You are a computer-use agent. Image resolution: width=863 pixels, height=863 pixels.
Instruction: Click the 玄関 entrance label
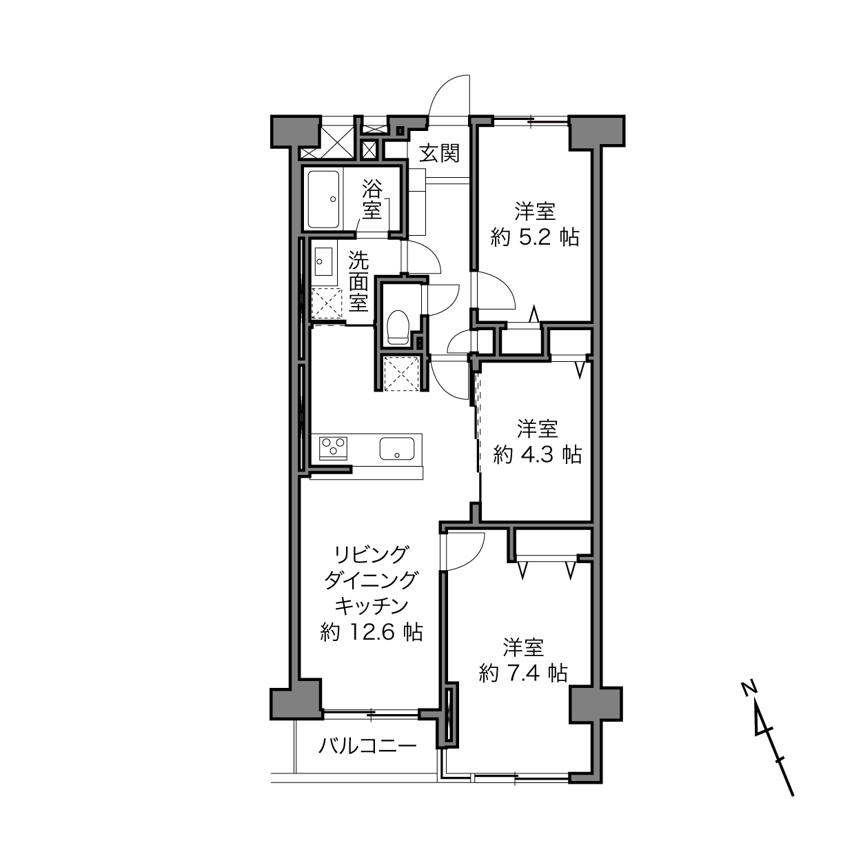point(439,154)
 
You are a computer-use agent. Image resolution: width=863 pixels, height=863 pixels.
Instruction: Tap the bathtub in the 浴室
point(323,199)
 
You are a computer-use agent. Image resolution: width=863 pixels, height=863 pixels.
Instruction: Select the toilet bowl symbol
point(398,327)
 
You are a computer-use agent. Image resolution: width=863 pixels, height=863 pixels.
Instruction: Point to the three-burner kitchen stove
point(333,448)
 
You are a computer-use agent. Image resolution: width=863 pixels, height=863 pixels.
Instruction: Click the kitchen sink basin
point(397,448)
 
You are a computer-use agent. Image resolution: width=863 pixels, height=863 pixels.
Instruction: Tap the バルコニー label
point(367,747)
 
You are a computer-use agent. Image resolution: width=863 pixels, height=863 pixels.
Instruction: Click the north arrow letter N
point(749,689)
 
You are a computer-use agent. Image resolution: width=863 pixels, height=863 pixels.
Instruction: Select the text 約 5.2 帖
point(535,237)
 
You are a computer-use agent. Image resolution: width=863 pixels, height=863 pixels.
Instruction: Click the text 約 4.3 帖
point(538,454)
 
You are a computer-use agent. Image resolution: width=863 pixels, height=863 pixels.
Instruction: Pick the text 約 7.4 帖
point(523,673)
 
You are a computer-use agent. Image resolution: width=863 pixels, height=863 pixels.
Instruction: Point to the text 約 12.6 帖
point(372,632)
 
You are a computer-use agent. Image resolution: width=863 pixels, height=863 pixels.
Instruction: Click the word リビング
point(372,554)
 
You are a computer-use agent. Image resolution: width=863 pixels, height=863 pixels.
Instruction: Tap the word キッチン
point(372,606)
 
